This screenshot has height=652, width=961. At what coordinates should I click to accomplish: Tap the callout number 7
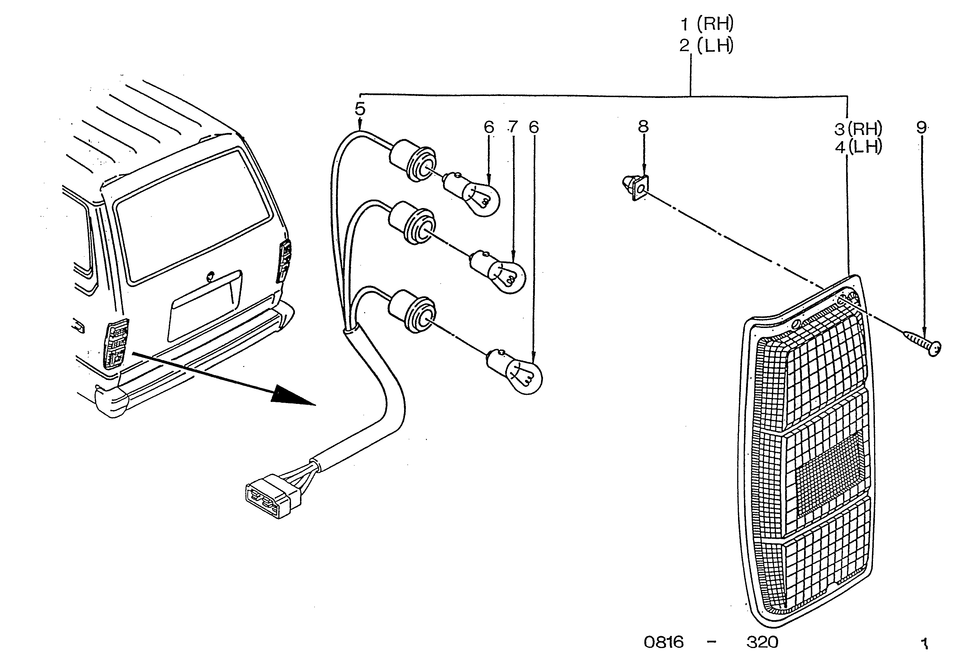click(x=513, y=127)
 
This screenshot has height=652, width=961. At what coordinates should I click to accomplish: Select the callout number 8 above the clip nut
click(x=643, y=126)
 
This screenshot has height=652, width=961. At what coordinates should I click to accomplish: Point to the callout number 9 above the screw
click(x=921, y=127)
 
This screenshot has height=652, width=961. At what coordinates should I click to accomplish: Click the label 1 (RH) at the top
click(x=707, y=24)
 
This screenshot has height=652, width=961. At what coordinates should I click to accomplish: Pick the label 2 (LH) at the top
click(x=707, y=45)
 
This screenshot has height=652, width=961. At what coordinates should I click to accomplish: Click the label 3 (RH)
click(x=858, y=129)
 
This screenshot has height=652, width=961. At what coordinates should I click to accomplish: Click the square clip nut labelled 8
click(x=636, y=187)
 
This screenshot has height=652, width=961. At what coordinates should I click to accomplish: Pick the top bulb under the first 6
click(x=472, y=194)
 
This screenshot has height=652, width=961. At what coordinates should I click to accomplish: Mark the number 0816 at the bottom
click(x=664, y=642)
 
